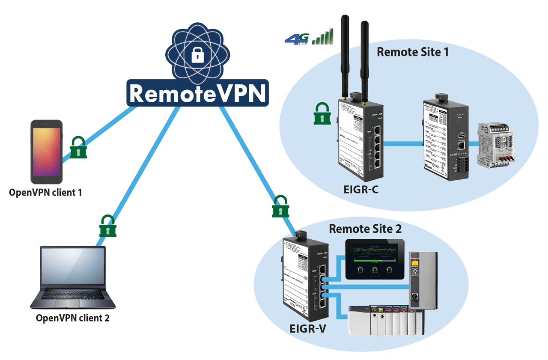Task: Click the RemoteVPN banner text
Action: pyautogui.click(x=197, y=93)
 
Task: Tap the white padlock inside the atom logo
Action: pyautogui.click(x=197, y=55)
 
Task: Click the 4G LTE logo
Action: pyautogui.click(x=296, y=39)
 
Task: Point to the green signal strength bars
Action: pyautogui.click(x=323, y=37)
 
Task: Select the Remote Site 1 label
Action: pyautogui.click(x=413, y=52)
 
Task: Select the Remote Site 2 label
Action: pyautogui.click(x=365, y=229)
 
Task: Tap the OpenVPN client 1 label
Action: pyautogui.click(x=45, y=192)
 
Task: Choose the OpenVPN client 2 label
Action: pyautogui.click(x=72, y=318)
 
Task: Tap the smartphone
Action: pyautogui.click(x=46, y=152)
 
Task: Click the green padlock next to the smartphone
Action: pyautogui.click(x=79, y=148)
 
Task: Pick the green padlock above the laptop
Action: pyautogui.click(x=107, y=226)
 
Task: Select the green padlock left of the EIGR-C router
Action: pyautogui.click(x=322, y=114)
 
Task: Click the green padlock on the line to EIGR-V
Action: pyautogui.click(x=280, y=207)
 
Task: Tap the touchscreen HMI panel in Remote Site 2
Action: pyautogui.click(x=375, y=259)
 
